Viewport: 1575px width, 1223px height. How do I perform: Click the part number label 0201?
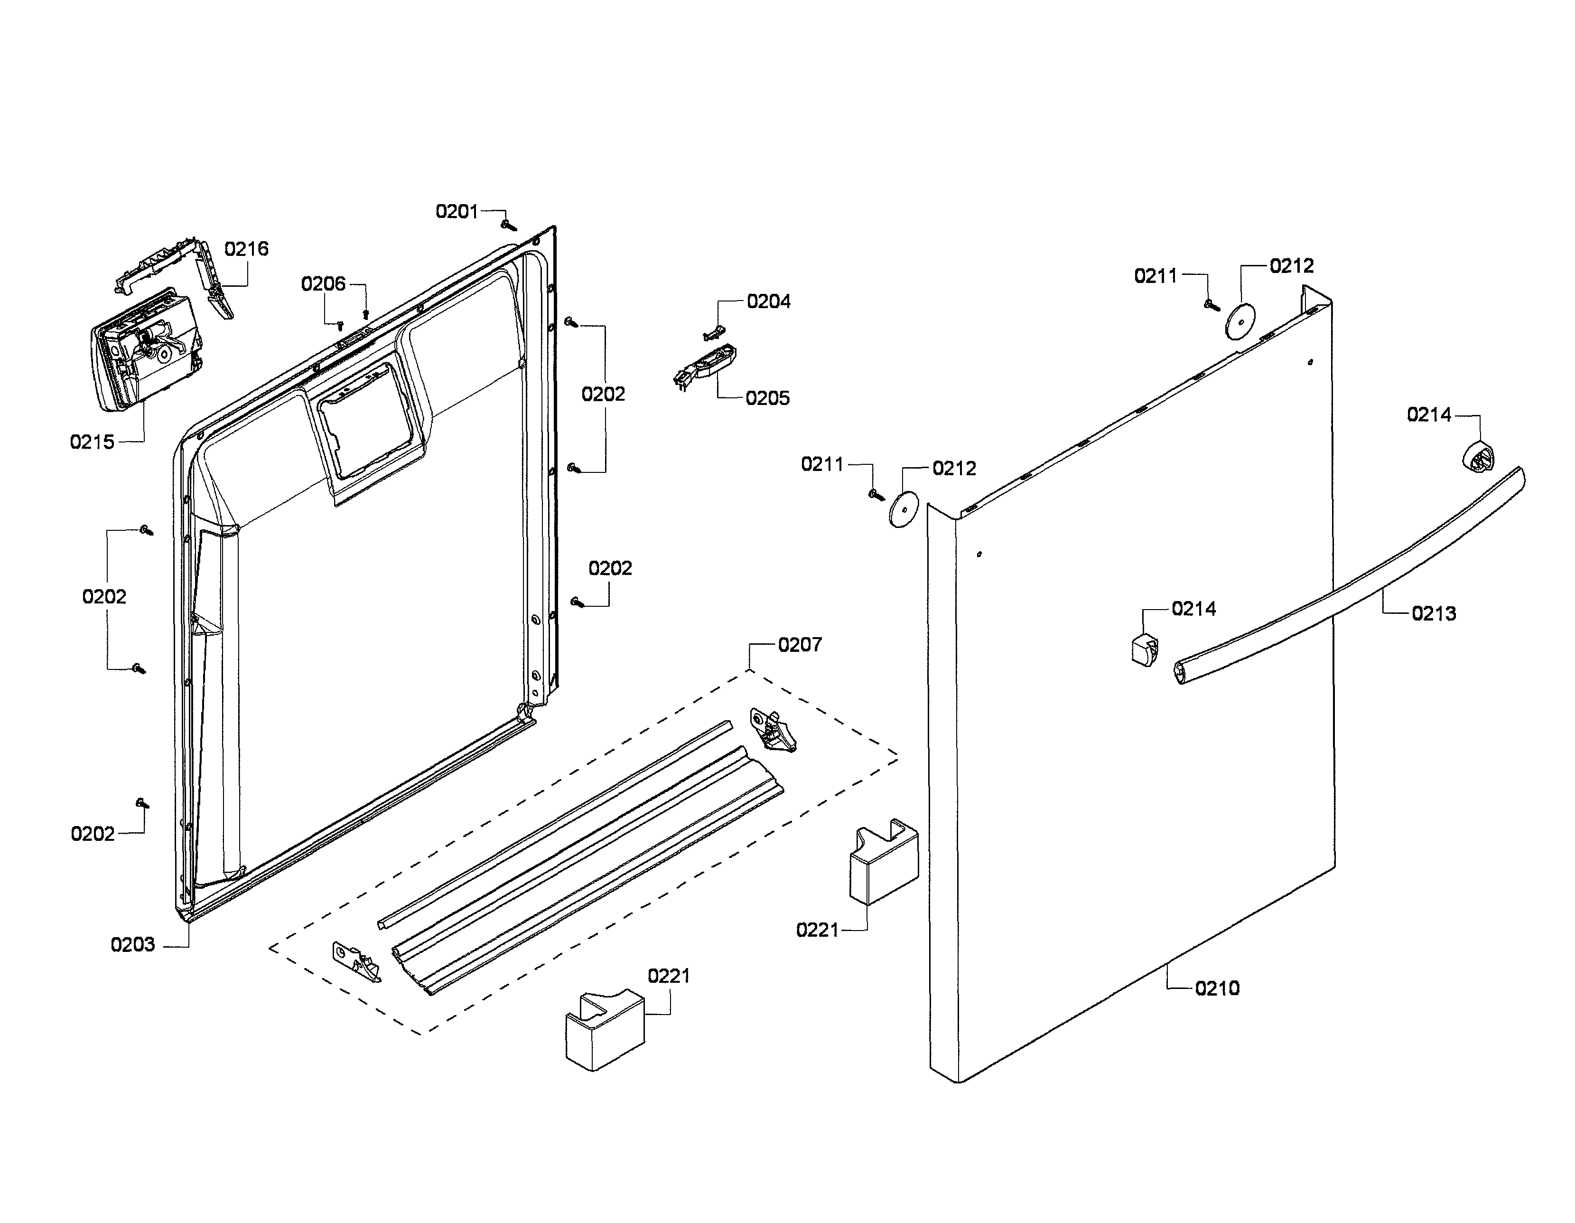pos(457,211)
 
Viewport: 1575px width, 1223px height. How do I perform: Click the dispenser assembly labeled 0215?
pos(144,350)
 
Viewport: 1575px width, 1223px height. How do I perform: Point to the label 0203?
pos(133,944)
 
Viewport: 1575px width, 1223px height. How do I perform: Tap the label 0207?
pos(799,644)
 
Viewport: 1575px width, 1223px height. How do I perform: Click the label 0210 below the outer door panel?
pos(1217,988)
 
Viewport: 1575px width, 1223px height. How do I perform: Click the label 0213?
pos(1434,614)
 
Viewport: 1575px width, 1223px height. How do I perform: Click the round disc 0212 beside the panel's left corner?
pos(903,510)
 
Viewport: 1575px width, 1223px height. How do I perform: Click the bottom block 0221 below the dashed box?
pos(604,1028)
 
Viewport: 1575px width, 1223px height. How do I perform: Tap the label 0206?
pos(323,283)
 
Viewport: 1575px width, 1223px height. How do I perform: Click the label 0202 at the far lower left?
pos(93,834)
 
